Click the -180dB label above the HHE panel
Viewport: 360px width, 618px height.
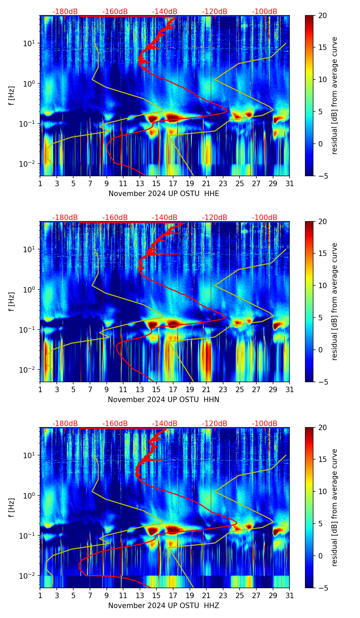[65, 12]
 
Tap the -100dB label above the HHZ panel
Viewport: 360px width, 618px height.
[265, 424]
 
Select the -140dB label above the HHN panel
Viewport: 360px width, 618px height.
[165, 218]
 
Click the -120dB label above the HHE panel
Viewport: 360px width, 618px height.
[215, 12]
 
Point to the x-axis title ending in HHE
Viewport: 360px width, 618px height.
[164, 194]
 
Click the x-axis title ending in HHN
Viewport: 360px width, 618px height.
[164, 400]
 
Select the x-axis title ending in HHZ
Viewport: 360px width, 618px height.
[164, 606]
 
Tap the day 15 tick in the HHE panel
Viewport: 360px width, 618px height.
[156, 183]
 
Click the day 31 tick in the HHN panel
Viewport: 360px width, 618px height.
[290, 389]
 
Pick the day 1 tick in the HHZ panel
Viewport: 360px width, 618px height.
[40, 595]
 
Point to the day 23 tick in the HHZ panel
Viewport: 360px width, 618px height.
[223, 595]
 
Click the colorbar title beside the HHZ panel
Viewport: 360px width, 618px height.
[335, 507]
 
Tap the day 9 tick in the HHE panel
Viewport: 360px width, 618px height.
[107, 183]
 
